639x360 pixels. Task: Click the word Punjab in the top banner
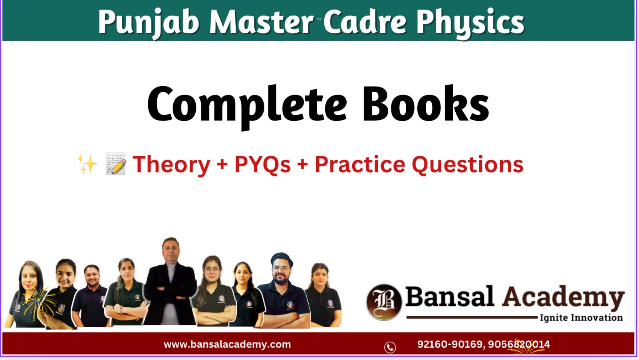click(x=149, y=22)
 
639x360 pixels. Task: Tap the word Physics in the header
click(x=470, y=22)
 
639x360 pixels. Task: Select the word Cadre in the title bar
click(x=365, y=22)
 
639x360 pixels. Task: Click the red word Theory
click(x=171, y=165)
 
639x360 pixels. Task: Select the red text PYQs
click(x=262, y=165)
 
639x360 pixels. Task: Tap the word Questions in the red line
click(x=467, y=165)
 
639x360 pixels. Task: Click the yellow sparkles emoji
click(x=87, y=164)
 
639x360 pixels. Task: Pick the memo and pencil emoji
click(x=116, y=164)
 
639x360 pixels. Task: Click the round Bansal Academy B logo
click(x=384, y=302)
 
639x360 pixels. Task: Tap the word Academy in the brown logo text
click(x=563, y=298)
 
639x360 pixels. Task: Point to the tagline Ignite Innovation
click(x=581, y=318)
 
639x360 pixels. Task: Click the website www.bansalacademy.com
click(x=227, y=344)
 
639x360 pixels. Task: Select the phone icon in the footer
click(x=390, y=347)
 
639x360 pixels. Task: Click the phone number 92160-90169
click(x=450, y=344)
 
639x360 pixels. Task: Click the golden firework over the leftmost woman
click(x=38, y=301)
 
